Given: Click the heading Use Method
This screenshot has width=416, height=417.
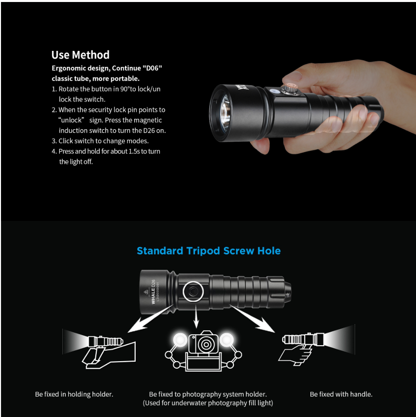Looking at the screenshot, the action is (80, 55).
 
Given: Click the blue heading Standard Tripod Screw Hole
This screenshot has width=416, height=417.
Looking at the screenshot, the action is (208, 251).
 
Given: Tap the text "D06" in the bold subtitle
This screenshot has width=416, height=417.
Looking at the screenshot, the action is (153, 68).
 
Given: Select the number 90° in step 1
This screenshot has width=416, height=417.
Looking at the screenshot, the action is (125, 89).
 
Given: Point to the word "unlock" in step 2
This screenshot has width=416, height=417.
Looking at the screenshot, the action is (71, 120).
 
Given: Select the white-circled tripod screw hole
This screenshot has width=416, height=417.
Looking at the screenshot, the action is (194, 291).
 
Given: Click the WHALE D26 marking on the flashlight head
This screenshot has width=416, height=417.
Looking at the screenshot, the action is (153, 292).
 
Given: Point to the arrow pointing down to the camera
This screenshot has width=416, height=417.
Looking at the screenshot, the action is (196, 316).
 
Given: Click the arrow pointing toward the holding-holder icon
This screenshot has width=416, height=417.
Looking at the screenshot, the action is (150, 319).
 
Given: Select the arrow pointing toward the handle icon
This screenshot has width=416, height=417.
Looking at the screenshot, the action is (252, 319).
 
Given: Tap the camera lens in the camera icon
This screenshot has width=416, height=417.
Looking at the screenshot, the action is (206, 344).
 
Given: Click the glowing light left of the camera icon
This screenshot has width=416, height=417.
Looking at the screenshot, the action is (180, 340).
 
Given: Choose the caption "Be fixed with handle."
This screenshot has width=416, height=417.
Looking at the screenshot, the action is (341, 394).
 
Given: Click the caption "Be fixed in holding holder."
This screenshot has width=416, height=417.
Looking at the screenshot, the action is (74, 394).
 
